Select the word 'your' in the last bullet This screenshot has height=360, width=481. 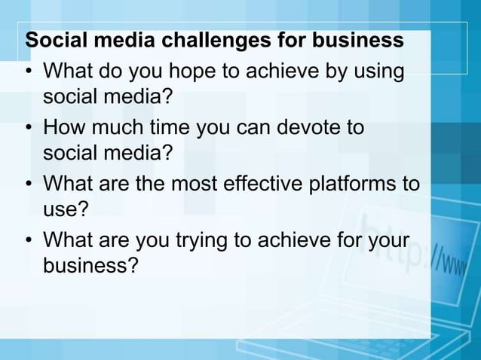387,242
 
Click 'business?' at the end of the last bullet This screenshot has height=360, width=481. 91,266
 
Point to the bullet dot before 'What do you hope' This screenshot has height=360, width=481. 29,73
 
